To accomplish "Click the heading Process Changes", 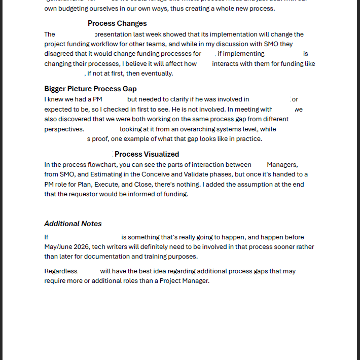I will click(117, 23).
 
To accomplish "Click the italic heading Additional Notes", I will click(73, 224).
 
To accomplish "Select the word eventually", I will click(156, 74).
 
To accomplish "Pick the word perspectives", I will click(64, 129).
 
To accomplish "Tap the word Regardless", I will click(61, 271).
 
